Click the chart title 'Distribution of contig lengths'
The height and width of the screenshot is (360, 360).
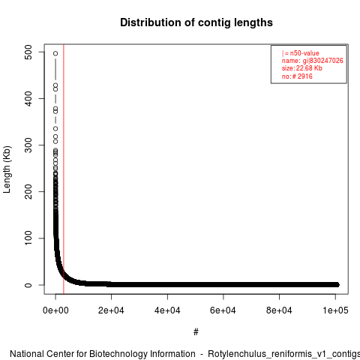196,22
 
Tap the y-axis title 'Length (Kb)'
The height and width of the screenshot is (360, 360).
7,169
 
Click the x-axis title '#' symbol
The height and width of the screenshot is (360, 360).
196,332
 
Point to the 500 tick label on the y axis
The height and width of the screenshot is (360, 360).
28,52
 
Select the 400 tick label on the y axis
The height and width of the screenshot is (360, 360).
28,98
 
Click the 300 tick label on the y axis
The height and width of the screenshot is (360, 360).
28,145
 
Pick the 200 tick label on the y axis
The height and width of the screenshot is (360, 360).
28,191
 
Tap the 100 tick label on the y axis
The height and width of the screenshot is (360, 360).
28,238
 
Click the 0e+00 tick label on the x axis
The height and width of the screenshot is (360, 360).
55,310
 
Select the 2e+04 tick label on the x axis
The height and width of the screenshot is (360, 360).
111,310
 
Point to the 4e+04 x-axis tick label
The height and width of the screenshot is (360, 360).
167,310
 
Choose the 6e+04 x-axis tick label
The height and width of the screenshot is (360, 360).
223,310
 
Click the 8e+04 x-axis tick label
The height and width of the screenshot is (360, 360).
279,310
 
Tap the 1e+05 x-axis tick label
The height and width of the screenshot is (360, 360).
335,310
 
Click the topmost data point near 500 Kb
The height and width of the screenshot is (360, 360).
55,53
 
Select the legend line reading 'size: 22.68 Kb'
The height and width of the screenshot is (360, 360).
302,68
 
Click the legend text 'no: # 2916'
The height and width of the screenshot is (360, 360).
297,76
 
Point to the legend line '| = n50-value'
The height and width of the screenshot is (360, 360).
301,53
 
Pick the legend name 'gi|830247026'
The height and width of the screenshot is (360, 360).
323,61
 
